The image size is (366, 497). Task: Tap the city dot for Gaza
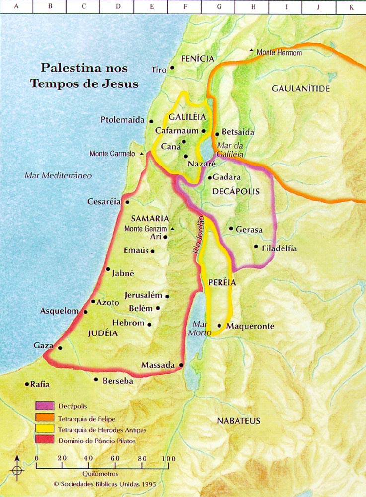coord(60,348)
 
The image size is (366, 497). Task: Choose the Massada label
coord(158,365)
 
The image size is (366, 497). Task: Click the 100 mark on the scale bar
coord(169,458)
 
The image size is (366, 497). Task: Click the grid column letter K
coord(351,7)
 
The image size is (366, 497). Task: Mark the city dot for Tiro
coord(172,68)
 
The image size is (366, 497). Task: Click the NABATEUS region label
coord(238,421)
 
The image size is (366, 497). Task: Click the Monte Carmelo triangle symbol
coord(142,154)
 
